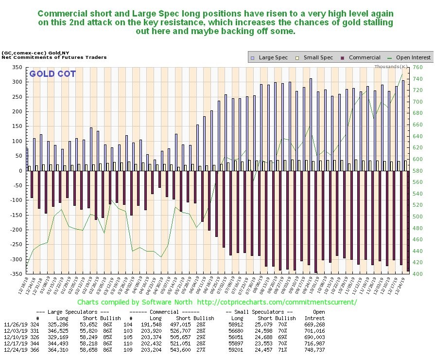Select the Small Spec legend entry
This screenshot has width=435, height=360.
pyautogui.click(x=316, y=57)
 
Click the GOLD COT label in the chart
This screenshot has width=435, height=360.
pyautogui.click(x=48, y=74)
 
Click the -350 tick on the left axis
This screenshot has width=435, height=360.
pyautogui.click(x=15, y=274)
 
